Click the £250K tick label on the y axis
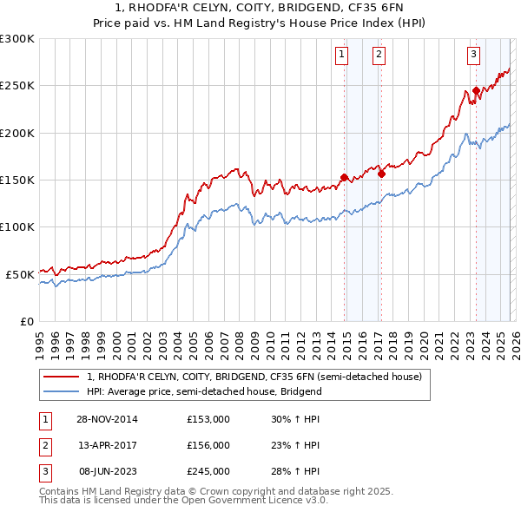[17, 86]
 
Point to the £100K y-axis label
[17, 226]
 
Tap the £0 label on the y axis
[26, 320]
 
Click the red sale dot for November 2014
[345, 178]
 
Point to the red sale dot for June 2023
[476, 90]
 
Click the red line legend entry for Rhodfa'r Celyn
[254, 377]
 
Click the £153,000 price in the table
[208, 418]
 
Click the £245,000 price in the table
[208, 471]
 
